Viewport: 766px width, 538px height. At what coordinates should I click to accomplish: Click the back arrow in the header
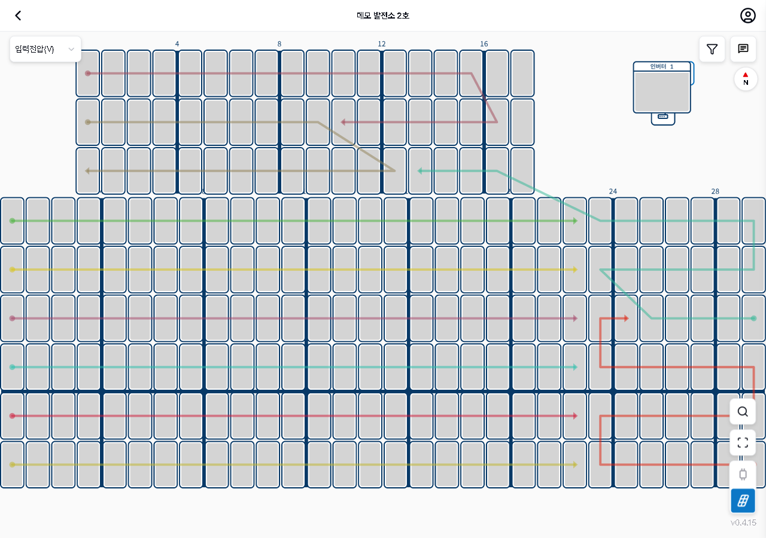pos(18,16)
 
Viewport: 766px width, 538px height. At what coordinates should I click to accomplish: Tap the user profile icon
pos(747,16)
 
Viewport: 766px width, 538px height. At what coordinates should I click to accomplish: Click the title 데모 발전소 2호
pos(382,16)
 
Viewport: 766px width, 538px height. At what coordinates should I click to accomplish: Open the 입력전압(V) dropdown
pos(45,49)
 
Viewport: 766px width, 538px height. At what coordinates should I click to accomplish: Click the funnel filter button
pos(712,49)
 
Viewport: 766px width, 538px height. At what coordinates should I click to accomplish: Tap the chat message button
pos(743,49)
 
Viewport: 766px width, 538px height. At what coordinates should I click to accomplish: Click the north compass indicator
pos(746,79)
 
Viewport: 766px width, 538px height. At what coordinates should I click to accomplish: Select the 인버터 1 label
pos(661,66)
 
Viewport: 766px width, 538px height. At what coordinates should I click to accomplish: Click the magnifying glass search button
pos(743,412)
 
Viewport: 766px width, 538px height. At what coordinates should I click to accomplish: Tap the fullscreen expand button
pos(743,443)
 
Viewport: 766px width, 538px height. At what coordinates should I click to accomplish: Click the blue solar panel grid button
pos(743,501)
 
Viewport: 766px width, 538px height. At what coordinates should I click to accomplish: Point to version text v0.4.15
pos(743,522)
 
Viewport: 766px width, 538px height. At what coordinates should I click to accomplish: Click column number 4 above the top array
pos(177,44)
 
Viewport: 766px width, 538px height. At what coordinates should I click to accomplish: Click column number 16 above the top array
pos(484,44)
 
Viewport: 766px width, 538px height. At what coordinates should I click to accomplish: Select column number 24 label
pos(613,191)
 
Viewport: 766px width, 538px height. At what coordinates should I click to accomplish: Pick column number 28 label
pos(715,191)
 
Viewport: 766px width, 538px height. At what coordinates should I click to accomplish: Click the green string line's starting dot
pos(13,221)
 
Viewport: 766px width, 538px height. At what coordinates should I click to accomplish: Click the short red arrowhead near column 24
pos(626,319)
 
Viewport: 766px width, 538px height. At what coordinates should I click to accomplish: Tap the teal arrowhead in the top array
pos(420,171)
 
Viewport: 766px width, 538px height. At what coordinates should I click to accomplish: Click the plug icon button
pos(743,474)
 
